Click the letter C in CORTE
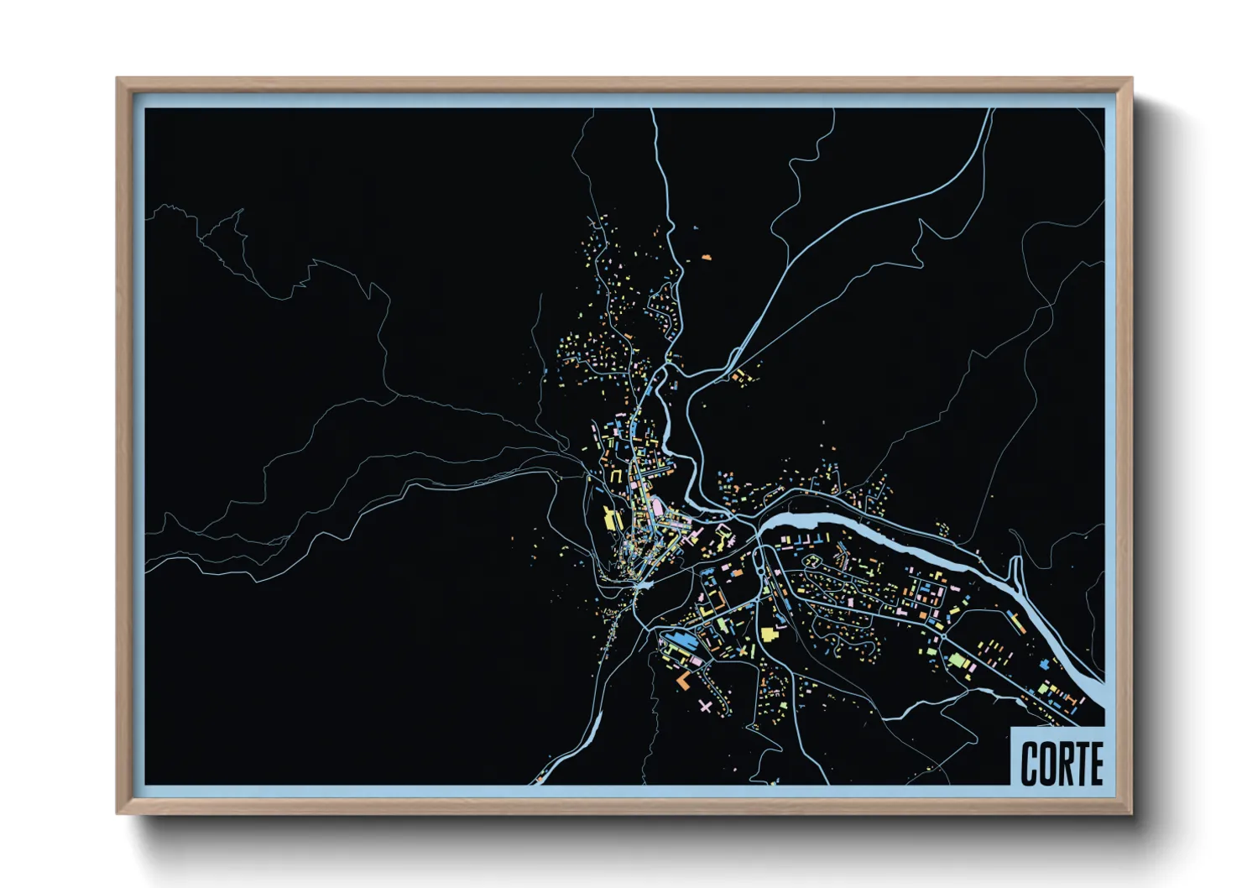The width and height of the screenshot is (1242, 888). tap(1030, 764)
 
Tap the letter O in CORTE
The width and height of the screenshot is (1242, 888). tap(1048, 764)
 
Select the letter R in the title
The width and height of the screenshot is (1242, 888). tap(1066, 764)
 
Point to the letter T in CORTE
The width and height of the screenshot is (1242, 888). tap(1082, 764)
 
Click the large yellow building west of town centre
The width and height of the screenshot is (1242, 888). tap(610, 518)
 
